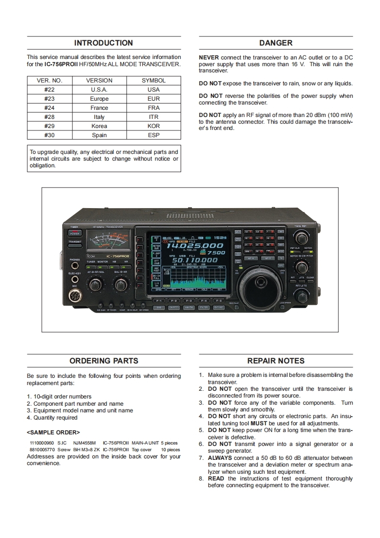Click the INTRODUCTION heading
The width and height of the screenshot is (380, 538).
point(104,43)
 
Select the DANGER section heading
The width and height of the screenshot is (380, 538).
point(276,43)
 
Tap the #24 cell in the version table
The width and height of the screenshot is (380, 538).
point(49,108)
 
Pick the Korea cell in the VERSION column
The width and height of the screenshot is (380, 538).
point(99,126)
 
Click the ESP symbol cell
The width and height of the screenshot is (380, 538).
point(154,135)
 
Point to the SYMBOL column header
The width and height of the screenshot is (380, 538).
point(154,81)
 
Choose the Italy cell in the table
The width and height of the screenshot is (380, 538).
point(99,117)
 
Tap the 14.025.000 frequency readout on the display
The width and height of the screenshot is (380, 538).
point(195,246)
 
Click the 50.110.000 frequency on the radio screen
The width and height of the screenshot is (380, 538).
point(195,260)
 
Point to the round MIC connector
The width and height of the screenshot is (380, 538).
point(75,296)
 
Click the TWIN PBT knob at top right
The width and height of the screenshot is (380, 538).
point(301,237)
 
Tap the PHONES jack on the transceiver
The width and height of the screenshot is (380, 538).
point(75,265)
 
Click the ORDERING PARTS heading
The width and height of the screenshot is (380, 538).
point(104,361)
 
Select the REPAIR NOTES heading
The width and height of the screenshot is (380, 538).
point(276,361)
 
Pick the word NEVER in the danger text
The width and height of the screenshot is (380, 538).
point(209,58)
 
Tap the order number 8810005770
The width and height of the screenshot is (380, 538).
point(42,450)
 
